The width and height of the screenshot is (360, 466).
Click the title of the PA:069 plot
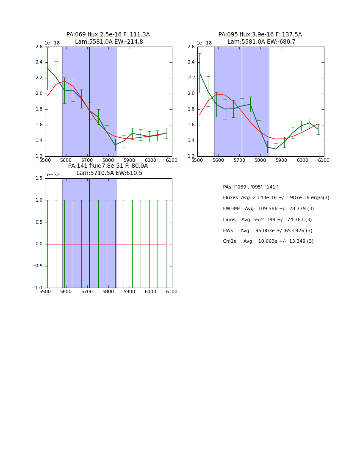coord(108,38)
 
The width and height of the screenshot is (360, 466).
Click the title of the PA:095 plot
coord(260,38)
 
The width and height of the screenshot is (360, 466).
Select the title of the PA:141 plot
coord(108,169)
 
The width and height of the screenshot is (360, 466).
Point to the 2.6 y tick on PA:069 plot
coord(39,47)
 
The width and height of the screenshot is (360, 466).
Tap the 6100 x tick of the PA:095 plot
coord(324,160)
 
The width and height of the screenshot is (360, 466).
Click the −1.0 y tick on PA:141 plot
coord(38,288)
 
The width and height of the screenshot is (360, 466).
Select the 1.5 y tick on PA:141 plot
coord(39,178)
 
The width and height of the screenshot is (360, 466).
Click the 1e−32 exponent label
coord(53,175)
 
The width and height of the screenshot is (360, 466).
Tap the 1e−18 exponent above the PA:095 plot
coord(205,43)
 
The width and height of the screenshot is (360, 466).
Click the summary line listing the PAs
coord(251,187)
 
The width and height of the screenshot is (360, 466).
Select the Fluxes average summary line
coord(276,198)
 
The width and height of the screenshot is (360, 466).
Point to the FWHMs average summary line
coord(268,209)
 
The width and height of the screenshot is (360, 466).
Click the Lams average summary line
coord(267,220)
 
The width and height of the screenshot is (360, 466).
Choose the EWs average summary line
coord(268,231)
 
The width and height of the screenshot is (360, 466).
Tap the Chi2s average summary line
coord(268,241)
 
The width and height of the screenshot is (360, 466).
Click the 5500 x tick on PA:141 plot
coord(45,291)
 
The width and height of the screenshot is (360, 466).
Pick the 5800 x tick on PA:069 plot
coord(108,160)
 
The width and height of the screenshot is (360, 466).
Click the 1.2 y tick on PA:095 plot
coord(191,156)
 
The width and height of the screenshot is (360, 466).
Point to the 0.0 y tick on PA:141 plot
coord(39,244)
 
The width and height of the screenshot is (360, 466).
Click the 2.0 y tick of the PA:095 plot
coord(191,94)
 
